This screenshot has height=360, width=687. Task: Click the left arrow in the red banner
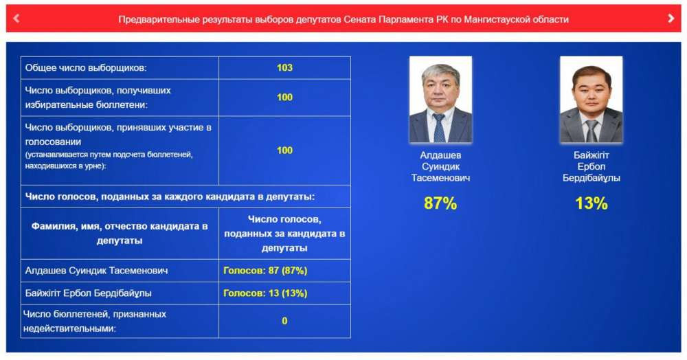[16, 19]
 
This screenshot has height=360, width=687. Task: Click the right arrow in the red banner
[671, 19]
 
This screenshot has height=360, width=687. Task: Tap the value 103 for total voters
[284, 68]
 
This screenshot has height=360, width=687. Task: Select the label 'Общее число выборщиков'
[85, 68]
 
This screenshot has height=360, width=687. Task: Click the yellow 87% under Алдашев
[440, 203]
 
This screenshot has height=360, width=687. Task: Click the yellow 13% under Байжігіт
[591, 203]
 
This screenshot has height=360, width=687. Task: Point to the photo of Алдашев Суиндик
[440, 100]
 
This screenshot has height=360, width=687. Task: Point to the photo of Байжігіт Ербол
[591, 100]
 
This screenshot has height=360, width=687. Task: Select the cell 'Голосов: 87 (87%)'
[265, 271]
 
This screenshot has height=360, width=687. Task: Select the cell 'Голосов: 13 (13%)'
[265, 293]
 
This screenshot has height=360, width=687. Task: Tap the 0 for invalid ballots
[284, 321]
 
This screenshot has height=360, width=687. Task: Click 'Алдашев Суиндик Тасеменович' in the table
[96, 271]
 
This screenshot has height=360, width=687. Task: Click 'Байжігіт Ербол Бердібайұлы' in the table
[88, 293]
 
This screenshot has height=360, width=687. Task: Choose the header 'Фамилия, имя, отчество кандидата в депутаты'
[119, 234]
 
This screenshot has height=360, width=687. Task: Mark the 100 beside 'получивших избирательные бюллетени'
[284, 98]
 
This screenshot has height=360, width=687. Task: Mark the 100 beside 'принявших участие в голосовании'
[284, 150]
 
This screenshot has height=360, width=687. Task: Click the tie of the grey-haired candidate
[438, 128]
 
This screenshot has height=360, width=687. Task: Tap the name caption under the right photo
[591, 166]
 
